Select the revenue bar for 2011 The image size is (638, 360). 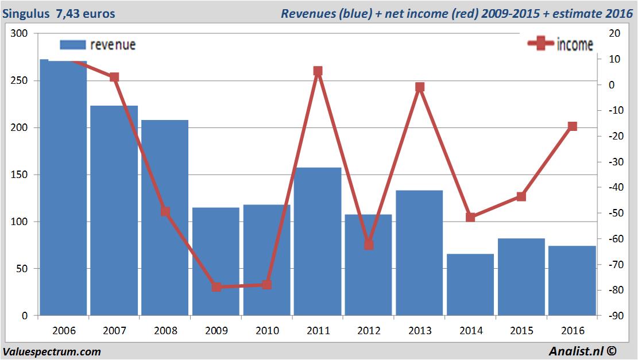pos(318,241)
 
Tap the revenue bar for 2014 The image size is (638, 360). pos(470,284)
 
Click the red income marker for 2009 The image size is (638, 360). pos(216,287)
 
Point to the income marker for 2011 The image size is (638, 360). pos(318,71)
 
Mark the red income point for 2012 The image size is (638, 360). pos(369,245)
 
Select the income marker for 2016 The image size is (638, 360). pos(572,126)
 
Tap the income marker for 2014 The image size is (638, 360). pos(470,217)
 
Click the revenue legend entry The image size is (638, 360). pos(98,45)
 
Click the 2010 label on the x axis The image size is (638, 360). pos(267,331)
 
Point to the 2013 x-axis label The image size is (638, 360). pos(420,331)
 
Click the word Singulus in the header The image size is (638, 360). pos(26,13)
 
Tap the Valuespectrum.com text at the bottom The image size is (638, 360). pos(52,351)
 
